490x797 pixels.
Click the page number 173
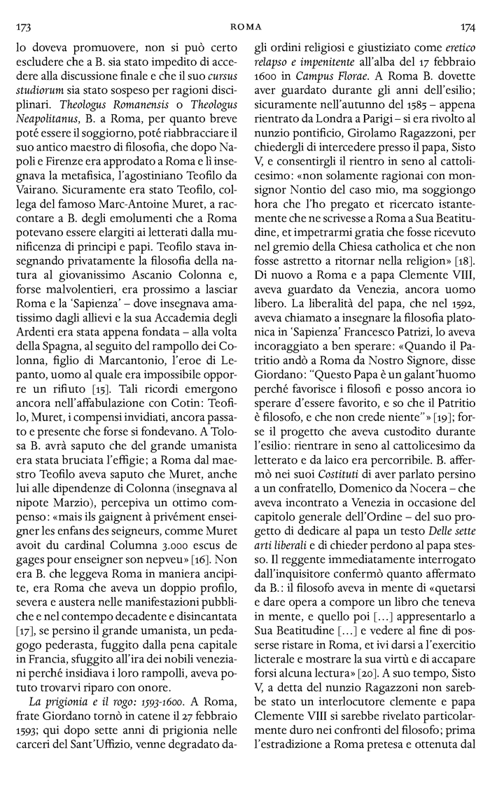pos(23,27)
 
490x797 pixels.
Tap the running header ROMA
pos(245,27)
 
